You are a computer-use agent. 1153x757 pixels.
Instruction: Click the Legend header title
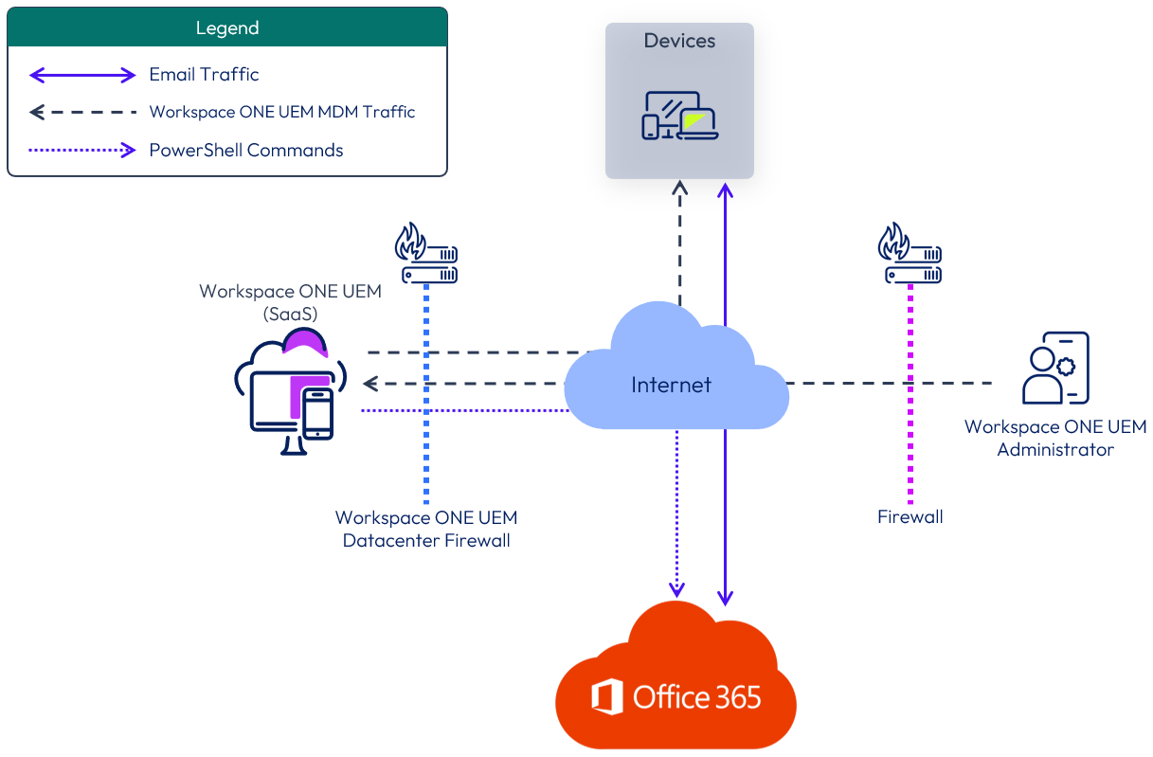coord(227,27)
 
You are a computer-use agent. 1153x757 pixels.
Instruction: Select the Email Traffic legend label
coord(204,74)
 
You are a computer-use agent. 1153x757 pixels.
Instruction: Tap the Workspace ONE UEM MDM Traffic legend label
coord(282,112)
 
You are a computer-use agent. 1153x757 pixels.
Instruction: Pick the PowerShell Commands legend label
coord(246,150)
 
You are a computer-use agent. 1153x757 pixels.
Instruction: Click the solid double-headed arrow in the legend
coord(83,75)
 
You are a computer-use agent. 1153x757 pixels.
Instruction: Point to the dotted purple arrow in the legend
coord(83,150)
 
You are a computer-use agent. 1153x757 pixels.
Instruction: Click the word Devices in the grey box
coord(679,41)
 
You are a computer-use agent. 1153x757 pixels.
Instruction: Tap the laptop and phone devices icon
coord(679,116)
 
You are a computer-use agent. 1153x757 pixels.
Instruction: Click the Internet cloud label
coord(671,385)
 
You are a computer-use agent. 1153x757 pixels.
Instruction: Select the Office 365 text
coord(696,698)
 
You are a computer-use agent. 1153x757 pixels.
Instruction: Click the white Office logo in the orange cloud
coord(606,697)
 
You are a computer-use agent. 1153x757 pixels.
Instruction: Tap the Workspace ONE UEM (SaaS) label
coord(290,301)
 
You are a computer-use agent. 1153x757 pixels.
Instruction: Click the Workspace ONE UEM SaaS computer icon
coord(290,393)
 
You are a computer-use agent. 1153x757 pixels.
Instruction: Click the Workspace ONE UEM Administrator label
coord(1055,438)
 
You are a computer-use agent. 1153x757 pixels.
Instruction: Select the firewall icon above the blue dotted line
coord(426,253)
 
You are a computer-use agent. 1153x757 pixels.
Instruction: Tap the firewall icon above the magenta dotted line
coord(910,253)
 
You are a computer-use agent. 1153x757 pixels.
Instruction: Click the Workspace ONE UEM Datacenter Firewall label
coord(426,530)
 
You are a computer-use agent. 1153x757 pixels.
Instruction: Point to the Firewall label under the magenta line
coord(910,517)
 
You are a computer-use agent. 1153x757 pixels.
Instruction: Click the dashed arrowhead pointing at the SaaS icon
coord(370,384)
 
